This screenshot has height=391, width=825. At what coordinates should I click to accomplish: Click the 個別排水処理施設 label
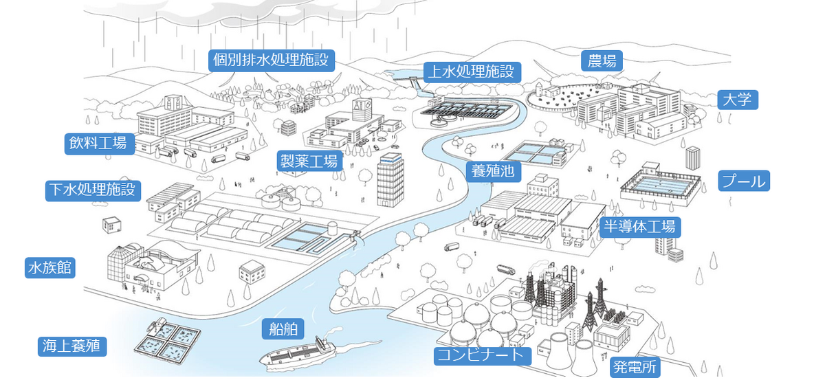pos(272,60)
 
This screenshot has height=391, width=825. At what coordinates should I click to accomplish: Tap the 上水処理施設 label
pos(472,71)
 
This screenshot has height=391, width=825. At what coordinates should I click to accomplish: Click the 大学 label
pos(737,100)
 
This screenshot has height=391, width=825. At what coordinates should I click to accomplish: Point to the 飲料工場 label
pos(98,143)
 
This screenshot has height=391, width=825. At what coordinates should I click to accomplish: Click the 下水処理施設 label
pos(93,190)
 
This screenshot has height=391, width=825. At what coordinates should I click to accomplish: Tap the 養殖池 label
pos(493,170)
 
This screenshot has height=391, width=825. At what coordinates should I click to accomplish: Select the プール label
pos(743,181)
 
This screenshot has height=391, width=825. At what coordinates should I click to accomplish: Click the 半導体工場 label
pos(639,226)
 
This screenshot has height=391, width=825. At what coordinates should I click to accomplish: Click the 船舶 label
pos(283,329)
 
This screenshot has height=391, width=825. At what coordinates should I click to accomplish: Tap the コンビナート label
pos(483,355)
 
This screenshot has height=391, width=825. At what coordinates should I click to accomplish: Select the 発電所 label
pos(635,368)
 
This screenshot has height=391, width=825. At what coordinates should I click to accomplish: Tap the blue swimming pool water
pos(658,185)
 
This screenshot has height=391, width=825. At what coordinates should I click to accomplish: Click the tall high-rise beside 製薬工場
pos(391,180)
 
